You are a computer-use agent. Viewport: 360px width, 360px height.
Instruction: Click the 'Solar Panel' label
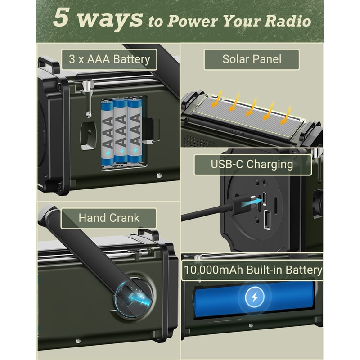(x=252, y=59)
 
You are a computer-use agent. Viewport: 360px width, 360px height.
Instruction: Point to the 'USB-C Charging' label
(x=252, y=164)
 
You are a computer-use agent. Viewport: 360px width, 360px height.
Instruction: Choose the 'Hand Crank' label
(x=109, y=218)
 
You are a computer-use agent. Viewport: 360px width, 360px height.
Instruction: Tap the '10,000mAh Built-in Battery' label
(x=252, y=270)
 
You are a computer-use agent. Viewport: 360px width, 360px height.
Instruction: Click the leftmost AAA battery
(x=108, y=131)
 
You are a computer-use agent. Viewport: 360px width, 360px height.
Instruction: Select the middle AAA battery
(x=121, y=131)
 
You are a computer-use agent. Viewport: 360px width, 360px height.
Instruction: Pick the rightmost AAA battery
(x=135, y=130)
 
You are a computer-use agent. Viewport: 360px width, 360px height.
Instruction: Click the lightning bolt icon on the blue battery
(x=254, y=297)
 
